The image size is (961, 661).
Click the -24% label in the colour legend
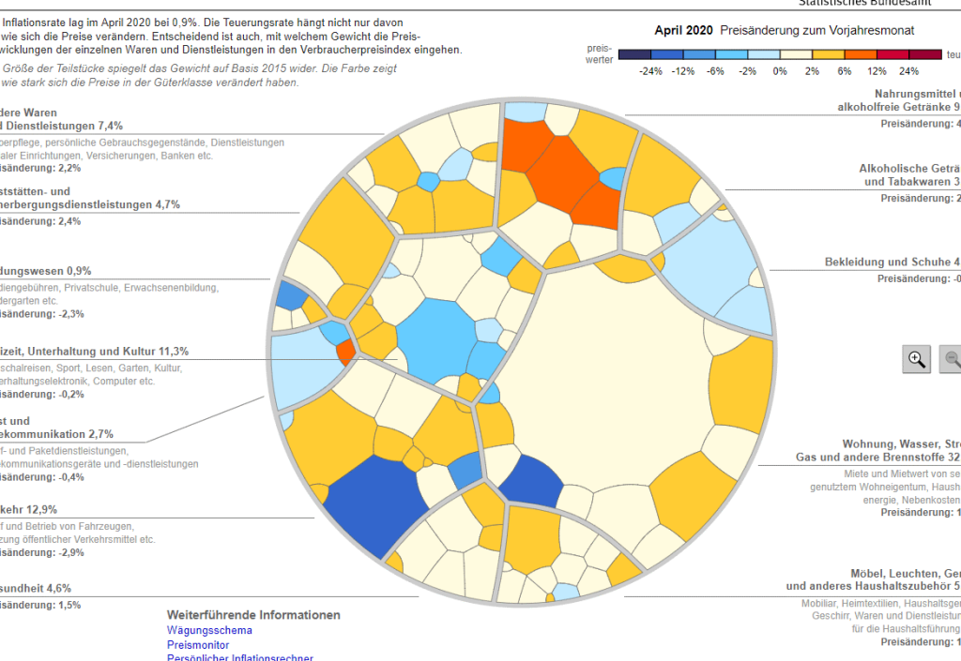(650, 71)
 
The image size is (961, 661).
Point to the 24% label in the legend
(909, 71)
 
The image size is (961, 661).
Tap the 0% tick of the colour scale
(780, 71)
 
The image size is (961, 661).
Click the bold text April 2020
(683, 31)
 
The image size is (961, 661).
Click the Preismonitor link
(198, 645)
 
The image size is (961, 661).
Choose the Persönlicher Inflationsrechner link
(239, 657)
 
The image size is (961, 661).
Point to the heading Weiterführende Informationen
(253, 615)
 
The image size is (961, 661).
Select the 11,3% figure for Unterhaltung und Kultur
(172, 352)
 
